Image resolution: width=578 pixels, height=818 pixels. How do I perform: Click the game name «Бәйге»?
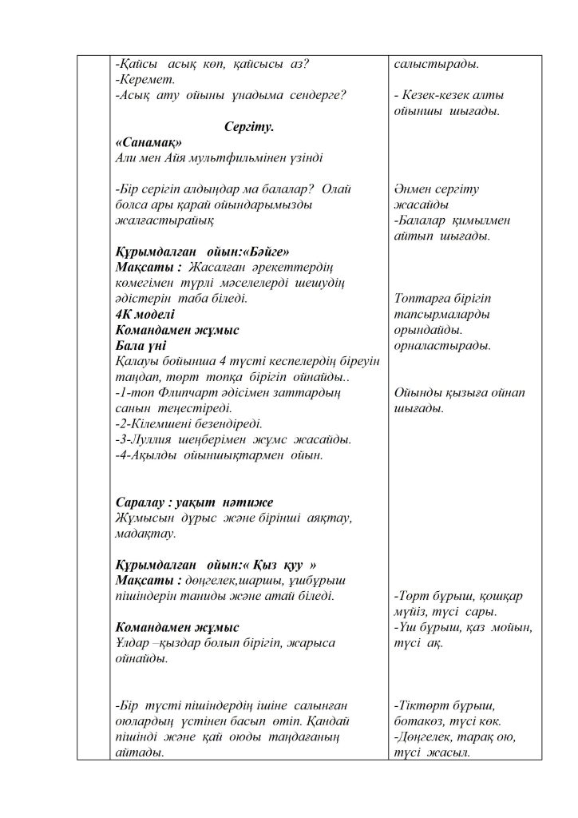(260, 248)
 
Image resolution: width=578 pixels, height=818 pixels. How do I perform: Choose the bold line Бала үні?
(141, 345)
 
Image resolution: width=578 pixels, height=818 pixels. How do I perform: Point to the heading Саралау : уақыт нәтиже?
(194, 502)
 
